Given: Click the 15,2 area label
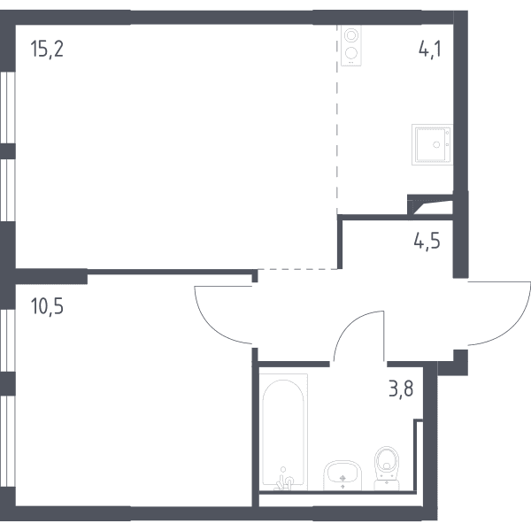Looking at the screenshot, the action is (x=47, y=49).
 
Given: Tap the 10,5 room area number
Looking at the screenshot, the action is (x=47, y=306).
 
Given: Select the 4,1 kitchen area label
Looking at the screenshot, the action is (x=430, y=49).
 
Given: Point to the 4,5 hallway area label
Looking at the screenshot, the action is (x=427, y=241).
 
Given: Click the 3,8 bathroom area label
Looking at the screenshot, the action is (x=401, y=389).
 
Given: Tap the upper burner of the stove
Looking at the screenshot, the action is (x=351, y=35).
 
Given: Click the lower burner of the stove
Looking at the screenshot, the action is (x=351, y=53).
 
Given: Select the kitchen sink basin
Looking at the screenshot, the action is (x=432, y=144).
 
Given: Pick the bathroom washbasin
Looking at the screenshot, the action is (x=342, y=475).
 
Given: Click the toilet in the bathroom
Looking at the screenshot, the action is (x=387, y=468).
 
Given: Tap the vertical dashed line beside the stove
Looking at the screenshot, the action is (x=337, y=119).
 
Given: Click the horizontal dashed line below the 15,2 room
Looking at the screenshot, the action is (x=297, y=269).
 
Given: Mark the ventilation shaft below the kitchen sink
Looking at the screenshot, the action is (x=430, y=205).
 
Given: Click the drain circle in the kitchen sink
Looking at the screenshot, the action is (x=436, y=144).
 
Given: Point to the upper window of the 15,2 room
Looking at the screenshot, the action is (x=7, y=107).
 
